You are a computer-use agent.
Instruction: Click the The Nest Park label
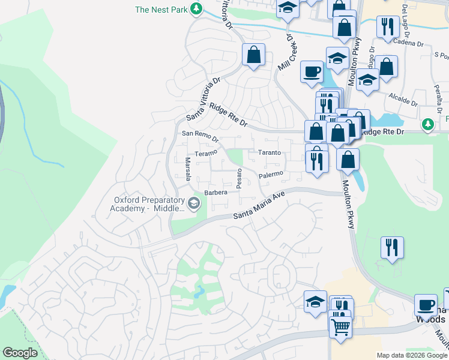tap(161, 9)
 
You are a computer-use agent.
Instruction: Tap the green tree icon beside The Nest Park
tap(195, 8)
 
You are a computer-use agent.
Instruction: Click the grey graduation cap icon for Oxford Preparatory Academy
tap(194, 204)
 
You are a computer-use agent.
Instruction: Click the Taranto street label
tap(269, 152)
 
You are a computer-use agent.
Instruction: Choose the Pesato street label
tap(239, 178)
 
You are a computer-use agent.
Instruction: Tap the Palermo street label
tap(270, 175)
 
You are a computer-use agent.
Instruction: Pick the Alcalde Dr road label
tap(403, 95)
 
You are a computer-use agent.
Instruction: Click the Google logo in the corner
tap(20, 352)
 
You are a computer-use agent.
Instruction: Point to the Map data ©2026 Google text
tap(412, 355)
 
